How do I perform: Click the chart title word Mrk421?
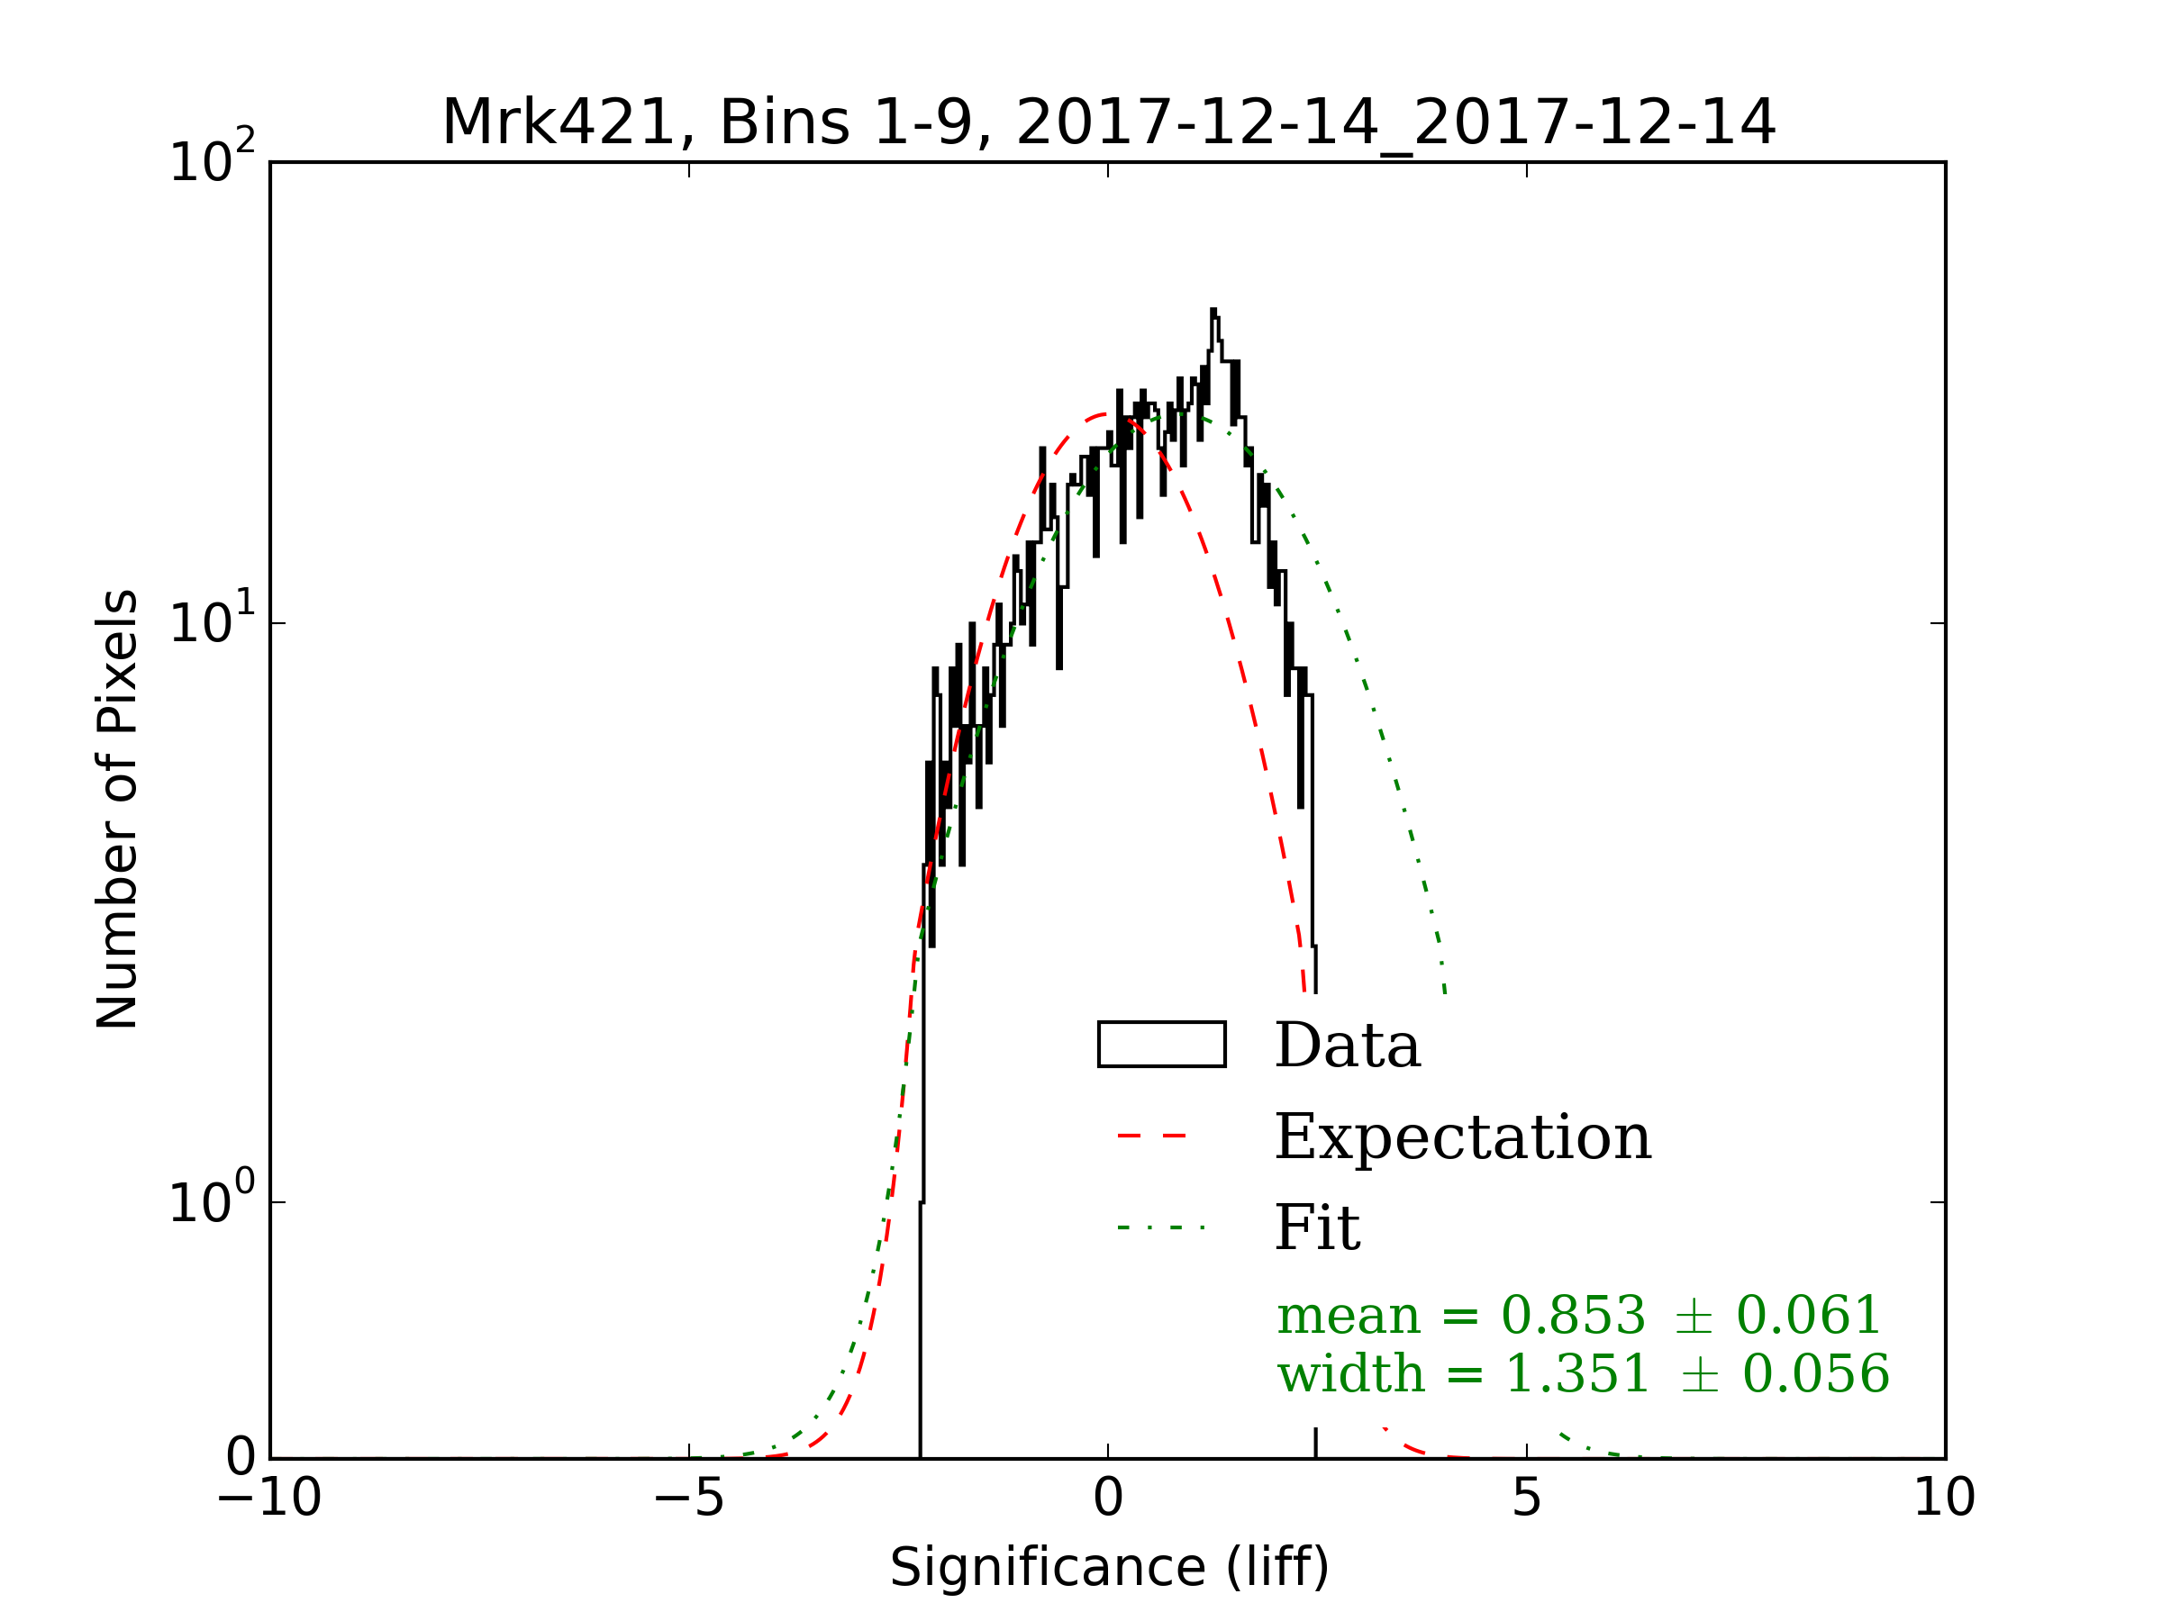559,124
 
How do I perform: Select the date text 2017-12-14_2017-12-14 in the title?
1394,124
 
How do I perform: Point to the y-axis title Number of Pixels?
117,809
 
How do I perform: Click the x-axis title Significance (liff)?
1108,1567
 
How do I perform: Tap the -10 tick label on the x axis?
269,1498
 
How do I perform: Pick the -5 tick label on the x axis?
689,1498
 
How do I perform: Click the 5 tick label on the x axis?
1527,1498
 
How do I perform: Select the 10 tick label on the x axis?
1944,1498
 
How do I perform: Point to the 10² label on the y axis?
211,159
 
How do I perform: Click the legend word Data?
1348,1046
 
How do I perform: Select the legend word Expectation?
1463,1137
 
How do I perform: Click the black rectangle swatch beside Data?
1161,1045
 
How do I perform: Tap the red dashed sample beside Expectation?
1161,1137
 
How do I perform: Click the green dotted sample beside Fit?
1161,1227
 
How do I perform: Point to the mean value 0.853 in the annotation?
1573,1315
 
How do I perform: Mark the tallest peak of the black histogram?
1213,312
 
